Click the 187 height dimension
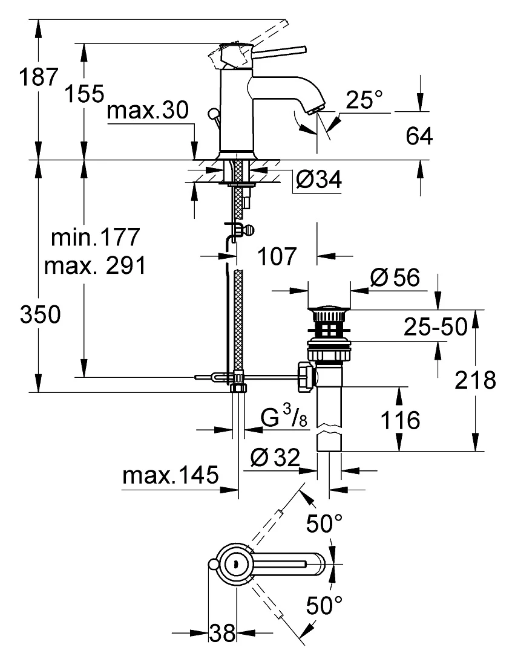pyautogui.click(x=38, y=77)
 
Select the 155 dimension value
pyautogui.click(x=84, y=93)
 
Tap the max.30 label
pyautogui.click(x=147, y=110)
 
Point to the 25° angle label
pyautogui.click(x=364, y=100)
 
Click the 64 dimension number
pyautogui.click(x=419, y=136)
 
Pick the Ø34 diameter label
pyautogui.click(x=319, y=180)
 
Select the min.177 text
pyautogui.click(x=96, y=237)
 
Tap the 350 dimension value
pyautogui.click(x=41, y=315)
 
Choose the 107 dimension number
pyautogui.click(x=277, y=256)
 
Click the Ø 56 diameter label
pyautogui.click(x=395, y=278)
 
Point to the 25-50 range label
pyautogui.click(x=435, y=327)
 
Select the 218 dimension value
pyautogui.click(x=475, y=380)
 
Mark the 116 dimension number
pyautogui.click(x=400, y=420)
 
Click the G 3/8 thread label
pyautogui.click(x=284, y=417)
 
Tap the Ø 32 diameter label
pyautogui.click(x=275, y=457)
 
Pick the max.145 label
pyautogui.click(x=170, y=475)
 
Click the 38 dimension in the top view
pyautogui.click(x=222, y=633)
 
